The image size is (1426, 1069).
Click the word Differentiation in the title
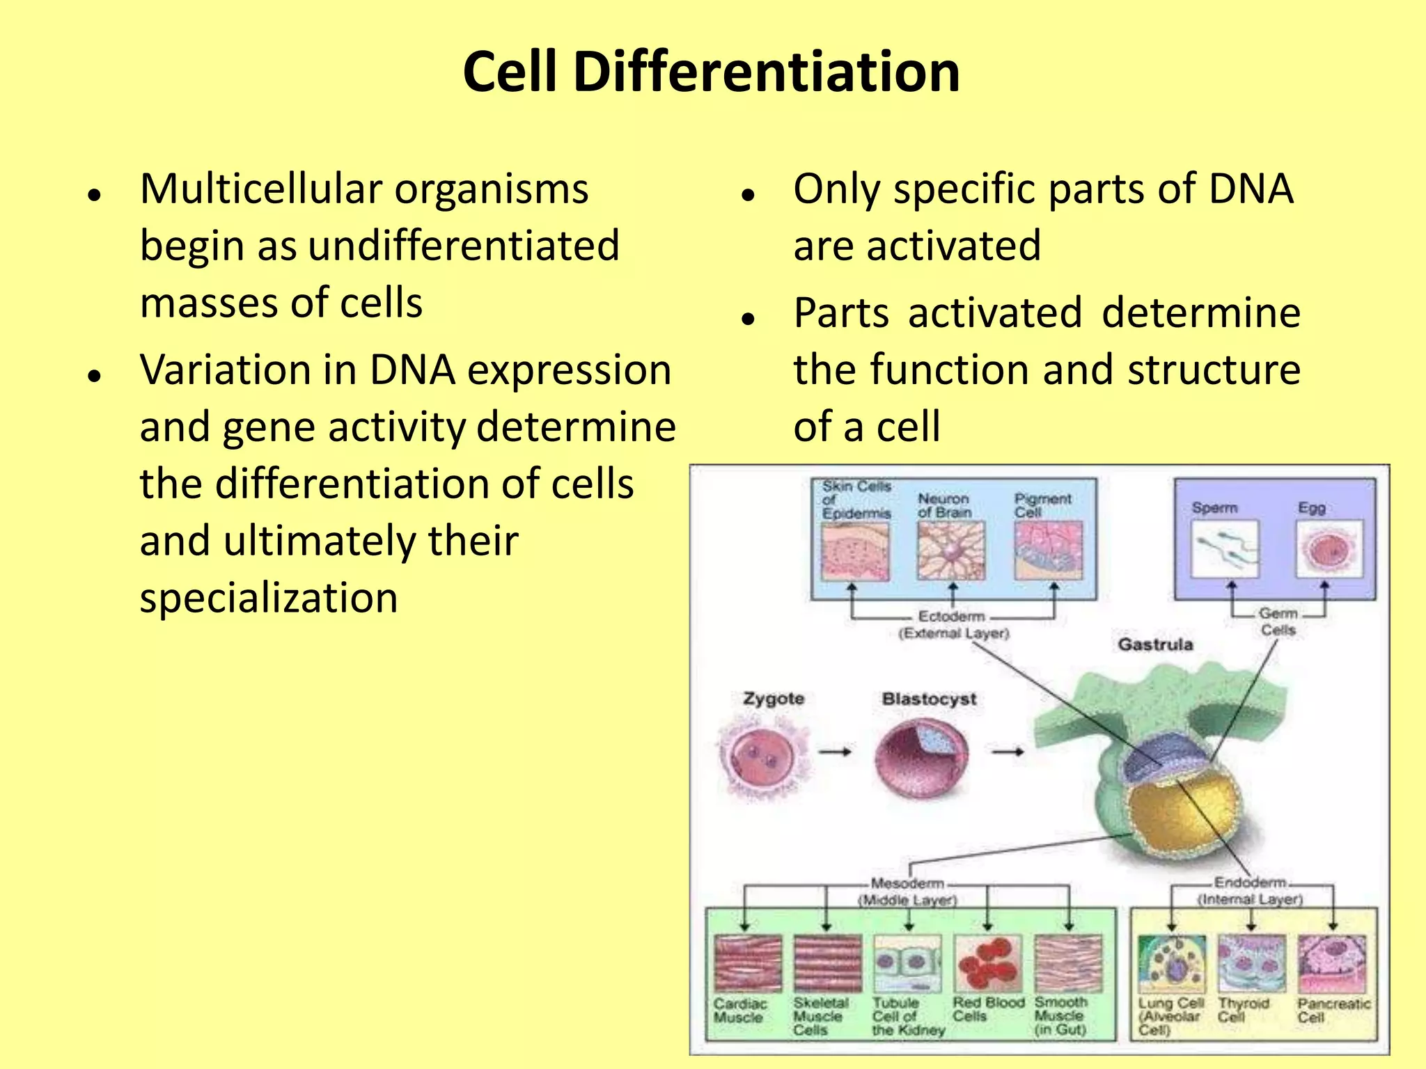click(x=766, y=72)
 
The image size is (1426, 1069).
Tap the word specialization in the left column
click(x=268, y=598)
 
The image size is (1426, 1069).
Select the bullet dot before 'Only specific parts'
click(x=749, y=196)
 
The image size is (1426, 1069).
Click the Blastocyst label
click(x=929, y=699)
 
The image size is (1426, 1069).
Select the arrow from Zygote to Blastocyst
click(x=835, y=752)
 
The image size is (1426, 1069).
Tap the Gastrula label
click(x=1155, y=644)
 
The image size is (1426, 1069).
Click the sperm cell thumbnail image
click(x=1225, y=550)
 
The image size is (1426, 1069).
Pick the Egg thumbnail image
click(x=1329, y=550)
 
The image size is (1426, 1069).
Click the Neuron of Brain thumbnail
click(x=951, y=551)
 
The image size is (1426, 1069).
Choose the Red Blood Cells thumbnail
click(x=988, y=964)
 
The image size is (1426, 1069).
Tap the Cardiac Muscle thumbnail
click(x=748, y=964)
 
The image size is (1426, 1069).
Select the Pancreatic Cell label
click(x=1333, y=1010)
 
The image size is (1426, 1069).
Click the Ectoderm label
click(x=952, y=617)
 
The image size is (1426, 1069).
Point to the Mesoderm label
click(x=907, y=883)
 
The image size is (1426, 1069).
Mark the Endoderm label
click(x=1251, y=882)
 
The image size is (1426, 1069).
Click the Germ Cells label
click(x=1278, y=621)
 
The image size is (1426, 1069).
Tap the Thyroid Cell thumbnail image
click(x=1251, y=964)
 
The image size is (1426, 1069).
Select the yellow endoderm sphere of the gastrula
click(x=1177, y=814)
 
